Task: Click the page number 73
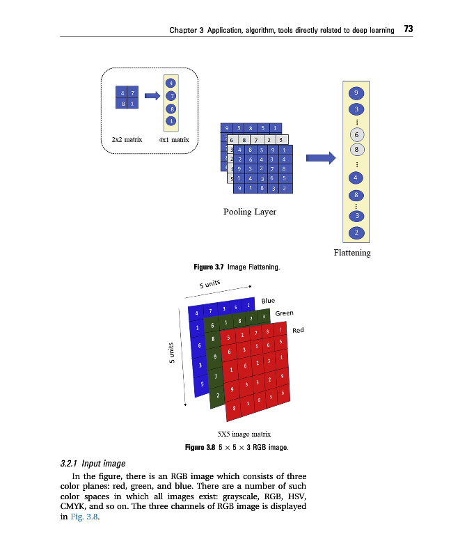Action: pos(409,29)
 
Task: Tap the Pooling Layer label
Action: pos(249,212)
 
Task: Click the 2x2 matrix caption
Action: pos(127,140)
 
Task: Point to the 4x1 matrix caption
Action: pos(174,140)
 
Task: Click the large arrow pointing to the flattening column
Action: pos(321,159)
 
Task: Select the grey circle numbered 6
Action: pos(356,134)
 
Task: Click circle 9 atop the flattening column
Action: pos(356,93)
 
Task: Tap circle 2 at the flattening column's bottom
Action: pos(356,232)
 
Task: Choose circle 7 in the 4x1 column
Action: pos(171,96)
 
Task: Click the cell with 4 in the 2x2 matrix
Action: pos(123,93)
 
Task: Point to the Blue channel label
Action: pos(268,301)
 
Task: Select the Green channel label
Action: pos(285,313)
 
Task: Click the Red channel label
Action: pos(299,329)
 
